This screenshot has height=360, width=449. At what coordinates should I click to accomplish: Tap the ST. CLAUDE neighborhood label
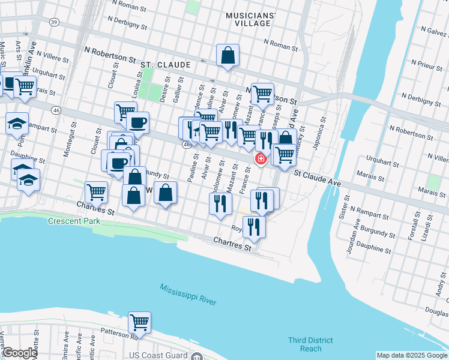165,64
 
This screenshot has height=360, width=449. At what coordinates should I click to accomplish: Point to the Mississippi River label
188,295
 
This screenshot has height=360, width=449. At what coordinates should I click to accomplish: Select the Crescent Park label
74,221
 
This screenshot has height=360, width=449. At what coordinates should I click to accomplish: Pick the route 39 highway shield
54,22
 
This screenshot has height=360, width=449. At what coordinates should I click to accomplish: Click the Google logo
19,353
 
